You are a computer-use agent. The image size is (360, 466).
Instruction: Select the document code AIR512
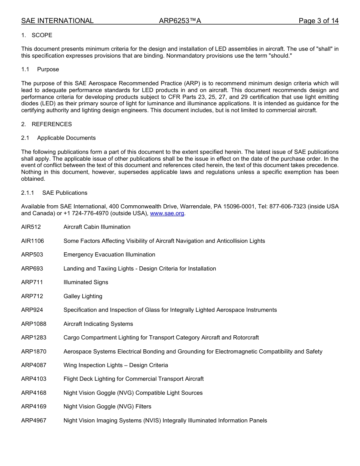(x=31, y=227)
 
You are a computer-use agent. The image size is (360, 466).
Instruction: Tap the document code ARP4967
(x=34, y=421)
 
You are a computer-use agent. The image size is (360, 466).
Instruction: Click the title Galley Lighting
(x=83, y=296)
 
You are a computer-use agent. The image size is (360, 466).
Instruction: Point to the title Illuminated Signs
(x=86, y=282)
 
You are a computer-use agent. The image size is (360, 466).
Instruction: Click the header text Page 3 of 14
(x=318, y=21)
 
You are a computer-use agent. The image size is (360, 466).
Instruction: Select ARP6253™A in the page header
(x=180, y=21)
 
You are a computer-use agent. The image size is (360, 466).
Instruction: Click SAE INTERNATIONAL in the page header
(x=57, y=21)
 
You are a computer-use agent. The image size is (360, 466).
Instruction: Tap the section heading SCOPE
(x=42, y=35)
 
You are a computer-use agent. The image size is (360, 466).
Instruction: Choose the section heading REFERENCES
(x=52, y=124)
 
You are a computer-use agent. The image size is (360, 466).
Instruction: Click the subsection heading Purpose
(x=48, y=69)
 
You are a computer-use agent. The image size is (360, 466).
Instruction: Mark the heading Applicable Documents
(x=66, y=138)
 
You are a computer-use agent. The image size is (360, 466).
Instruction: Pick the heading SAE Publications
(x=65, y=193)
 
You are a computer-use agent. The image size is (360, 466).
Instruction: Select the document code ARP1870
(x=34, y=352)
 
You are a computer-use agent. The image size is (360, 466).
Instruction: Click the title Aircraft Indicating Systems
(x=98, y=324)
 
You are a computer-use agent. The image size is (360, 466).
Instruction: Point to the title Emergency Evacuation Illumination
(x=109, y=255)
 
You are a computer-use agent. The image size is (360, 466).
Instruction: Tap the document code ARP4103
(x=34, y=379)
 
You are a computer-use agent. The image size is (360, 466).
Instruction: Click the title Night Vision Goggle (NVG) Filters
(x=107, y=407)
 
